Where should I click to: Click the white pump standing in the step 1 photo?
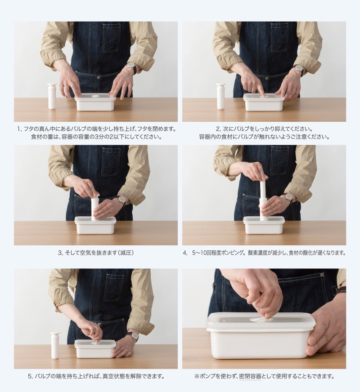point(52,96)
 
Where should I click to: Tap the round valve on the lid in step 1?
point(95,96)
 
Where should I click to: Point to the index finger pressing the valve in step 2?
point(260,89)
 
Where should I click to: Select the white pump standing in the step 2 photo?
point(220,97)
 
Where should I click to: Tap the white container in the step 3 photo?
point(95,226)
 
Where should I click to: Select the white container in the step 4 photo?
point(264,225)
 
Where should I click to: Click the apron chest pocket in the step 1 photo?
point(112,38)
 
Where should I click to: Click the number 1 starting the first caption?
point(18,129)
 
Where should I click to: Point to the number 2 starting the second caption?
point(218,129)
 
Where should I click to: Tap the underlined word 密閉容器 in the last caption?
point(250,376)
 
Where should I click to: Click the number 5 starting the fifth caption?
point(30,376)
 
